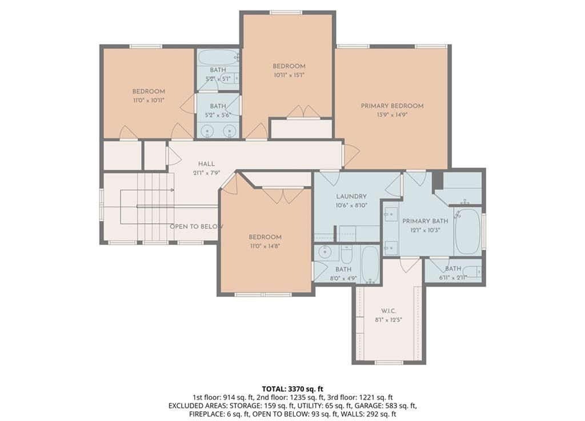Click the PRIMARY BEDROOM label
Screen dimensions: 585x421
(x=392, y=106)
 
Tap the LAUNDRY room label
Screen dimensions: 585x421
(x=351, y=196)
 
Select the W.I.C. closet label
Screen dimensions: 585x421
(x=388, y=311)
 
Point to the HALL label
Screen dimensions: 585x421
(x=206, y=164)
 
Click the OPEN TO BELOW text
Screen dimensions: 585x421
(x=197, y=226)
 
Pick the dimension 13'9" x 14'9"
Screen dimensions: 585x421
(x=392, y=115)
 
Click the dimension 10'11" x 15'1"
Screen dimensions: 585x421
(x=289, y=75)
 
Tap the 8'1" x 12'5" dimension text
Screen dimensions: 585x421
(x=388, y=319)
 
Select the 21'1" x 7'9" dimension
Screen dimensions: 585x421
(x=206, y=173)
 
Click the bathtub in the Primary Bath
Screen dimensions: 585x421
(x=467, y=231)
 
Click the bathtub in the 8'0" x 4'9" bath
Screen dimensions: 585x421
(x=370, y=264)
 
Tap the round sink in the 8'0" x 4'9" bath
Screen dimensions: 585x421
(x=324, y=252)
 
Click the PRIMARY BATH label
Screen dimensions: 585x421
(x=425, y=221)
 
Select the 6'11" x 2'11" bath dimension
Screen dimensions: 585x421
(x=453, y=277)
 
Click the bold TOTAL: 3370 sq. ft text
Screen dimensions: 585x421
(x=292, y=390)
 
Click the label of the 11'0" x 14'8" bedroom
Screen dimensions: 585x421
(x=265, y=237)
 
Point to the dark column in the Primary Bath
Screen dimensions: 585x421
(x=437, y=182)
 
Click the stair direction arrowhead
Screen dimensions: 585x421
(x=172, y=190)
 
